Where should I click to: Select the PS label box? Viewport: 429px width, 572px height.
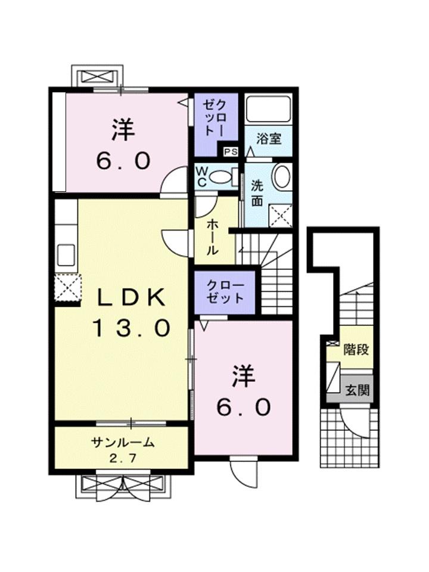[x=231, y=151]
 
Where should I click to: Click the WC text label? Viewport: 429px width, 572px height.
[x=202, y=177]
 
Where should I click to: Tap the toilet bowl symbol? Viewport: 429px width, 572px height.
[x=222, y=176]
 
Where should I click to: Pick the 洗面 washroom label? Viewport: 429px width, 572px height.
[x=257, y=192]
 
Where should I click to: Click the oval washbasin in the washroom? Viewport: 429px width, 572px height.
[x=281, y=177]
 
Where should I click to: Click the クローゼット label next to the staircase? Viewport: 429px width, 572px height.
[x=225, y=291]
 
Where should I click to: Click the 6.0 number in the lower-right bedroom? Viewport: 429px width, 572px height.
[x=244, y=408]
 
